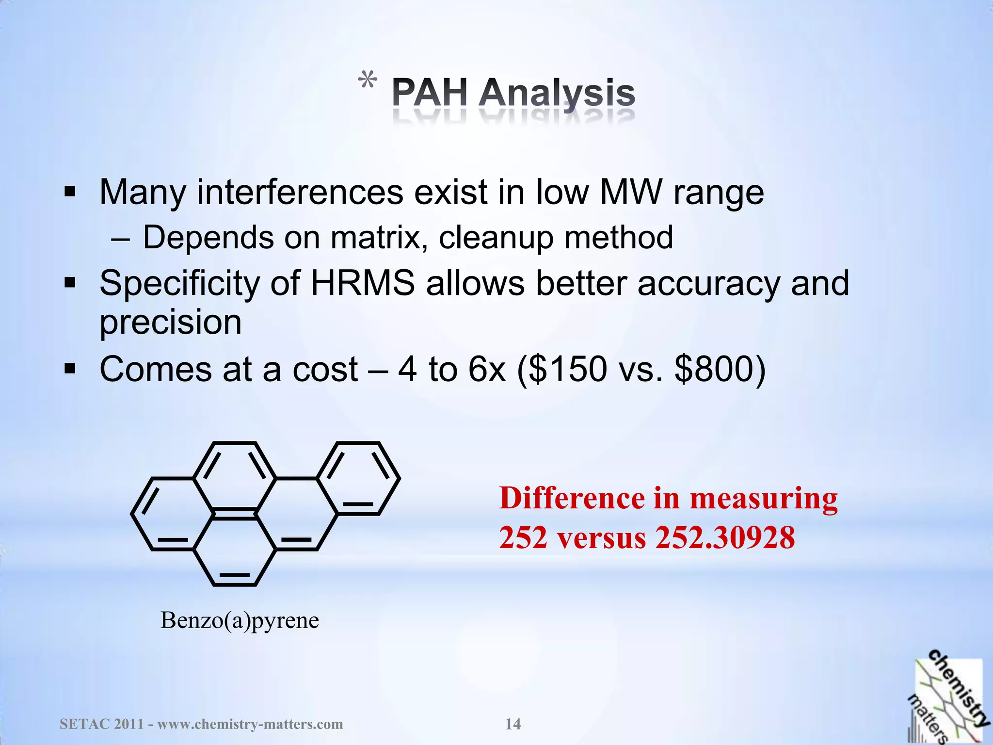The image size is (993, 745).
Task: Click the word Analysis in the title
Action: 557,93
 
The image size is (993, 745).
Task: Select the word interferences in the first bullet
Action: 300,193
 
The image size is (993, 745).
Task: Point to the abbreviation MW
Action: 631,193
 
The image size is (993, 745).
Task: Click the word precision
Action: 170,323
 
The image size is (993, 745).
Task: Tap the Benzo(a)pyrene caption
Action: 240,620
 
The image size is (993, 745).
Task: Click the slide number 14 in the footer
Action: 513,724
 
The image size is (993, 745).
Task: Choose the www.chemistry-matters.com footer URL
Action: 250,724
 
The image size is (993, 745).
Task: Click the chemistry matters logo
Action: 947,698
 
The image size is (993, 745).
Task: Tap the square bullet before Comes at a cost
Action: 70,370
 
